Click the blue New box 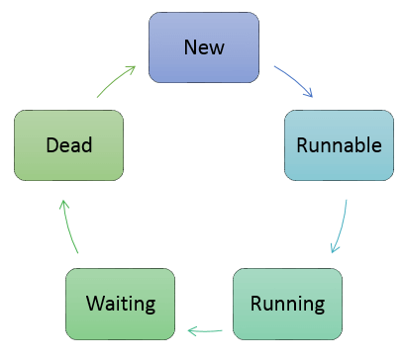click(x=204, y=46)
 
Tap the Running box click(x=286, y=302)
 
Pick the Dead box click(x=68, y=144)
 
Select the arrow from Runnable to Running click(x=341, y=227)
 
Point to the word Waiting click(x=120, y=302)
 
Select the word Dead click(x=68, y=145)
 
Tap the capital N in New click(x=190, y=46)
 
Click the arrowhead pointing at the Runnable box click(x=309, y=95)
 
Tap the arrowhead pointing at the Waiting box click(x=190, y=330)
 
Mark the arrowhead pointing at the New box click(x=133, y=68)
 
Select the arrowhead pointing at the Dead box click(x=62, y=203)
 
